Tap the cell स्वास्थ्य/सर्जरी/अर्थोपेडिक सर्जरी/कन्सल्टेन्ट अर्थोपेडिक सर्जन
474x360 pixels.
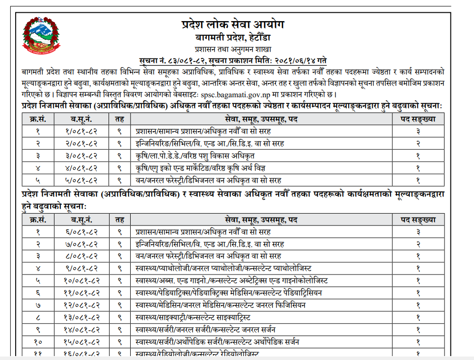coord(218,342)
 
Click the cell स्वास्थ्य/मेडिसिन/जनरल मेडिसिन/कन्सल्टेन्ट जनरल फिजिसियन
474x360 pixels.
coord(221,305)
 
